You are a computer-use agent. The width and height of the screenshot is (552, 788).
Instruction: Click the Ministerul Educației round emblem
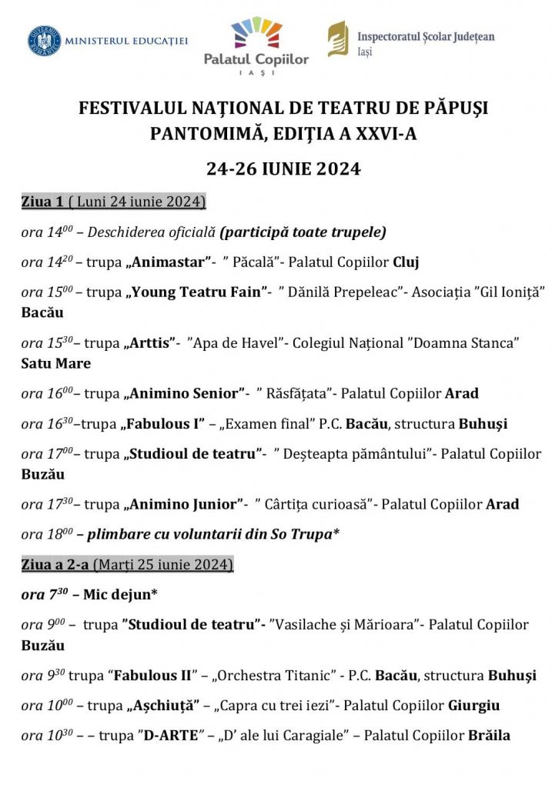click(x=45, y=41)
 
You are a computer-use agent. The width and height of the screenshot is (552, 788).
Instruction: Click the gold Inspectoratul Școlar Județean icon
click(x=337, y=39)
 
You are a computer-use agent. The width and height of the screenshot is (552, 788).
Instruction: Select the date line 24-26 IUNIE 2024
click(x=283, y=169)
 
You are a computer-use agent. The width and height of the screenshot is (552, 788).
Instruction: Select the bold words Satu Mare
click(x=56, y=363)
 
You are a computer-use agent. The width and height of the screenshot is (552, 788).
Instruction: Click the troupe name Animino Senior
click(x=183, y=393)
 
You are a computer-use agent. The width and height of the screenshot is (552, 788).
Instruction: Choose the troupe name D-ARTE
click(x=174, y=736)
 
